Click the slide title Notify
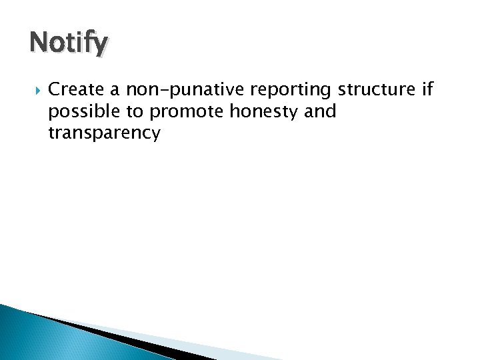coord(67,44)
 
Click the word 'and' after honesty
coord(320,111)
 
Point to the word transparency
coord(104,133)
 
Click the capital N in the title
coord(39,44)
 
